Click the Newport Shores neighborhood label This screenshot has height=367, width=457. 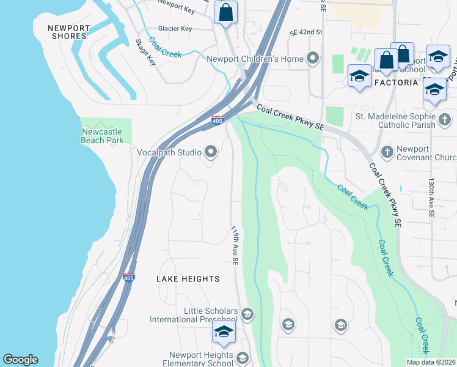point(68,32)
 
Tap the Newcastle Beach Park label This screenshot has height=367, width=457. point(102,136)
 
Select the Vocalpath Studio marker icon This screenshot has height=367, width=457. point(211,151)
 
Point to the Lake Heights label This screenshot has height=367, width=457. point(188,279)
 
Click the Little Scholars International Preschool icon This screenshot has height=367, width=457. point(247,315)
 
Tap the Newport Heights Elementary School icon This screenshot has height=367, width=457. point(243,358)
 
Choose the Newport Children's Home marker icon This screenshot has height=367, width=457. point(313,59)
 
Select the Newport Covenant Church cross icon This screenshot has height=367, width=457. point(386,151)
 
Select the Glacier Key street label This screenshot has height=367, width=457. point(175,29)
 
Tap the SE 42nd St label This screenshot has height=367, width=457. point(305,32)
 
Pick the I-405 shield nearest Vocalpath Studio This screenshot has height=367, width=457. point(218,119)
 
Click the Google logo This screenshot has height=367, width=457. point(20,360)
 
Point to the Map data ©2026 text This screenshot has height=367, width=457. point(431,362)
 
